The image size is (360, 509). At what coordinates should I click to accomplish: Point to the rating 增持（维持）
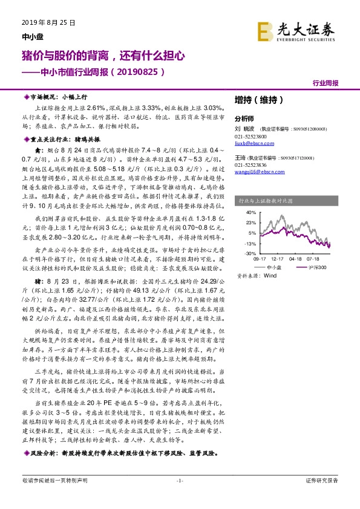click(255, 100)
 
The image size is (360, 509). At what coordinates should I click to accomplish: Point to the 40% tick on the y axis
click(250, 213)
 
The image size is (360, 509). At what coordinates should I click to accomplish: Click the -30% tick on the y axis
click(249, 253)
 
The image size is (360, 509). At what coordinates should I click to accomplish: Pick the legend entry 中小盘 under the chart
click(274, 267)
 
